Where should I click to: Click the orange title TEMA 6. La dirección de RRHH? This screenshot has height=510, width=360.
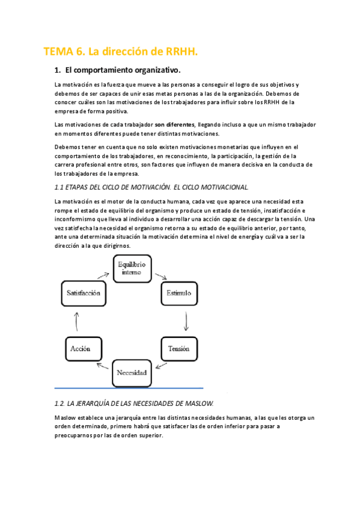121,52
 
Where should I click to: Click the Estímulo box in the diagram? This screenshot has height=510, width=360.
180,293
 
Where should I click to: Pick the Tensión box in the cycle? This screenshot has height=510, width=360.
179,348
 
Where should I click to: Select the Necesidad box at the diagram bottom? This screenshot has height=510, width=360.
131,373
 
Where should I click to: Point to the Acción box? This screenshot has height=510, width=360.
81,348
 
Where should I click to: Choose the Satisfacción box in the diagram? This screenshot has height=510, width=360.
81,294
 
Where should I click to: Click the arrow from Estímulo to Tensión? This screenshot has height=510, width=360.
186,322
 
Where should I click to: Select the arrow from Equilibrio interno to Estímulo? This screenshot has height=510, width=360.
161,277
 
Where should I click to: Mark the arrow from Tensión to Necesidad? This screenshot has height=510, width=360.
160,365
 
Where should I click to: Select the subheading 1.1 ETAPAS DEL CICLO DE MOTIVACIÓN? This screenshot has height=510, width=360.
150,188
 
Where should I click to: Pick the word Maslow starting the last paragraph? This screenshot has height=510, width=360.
66,417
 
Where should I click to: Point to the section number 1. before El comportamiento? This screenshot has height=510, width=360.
58,70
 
